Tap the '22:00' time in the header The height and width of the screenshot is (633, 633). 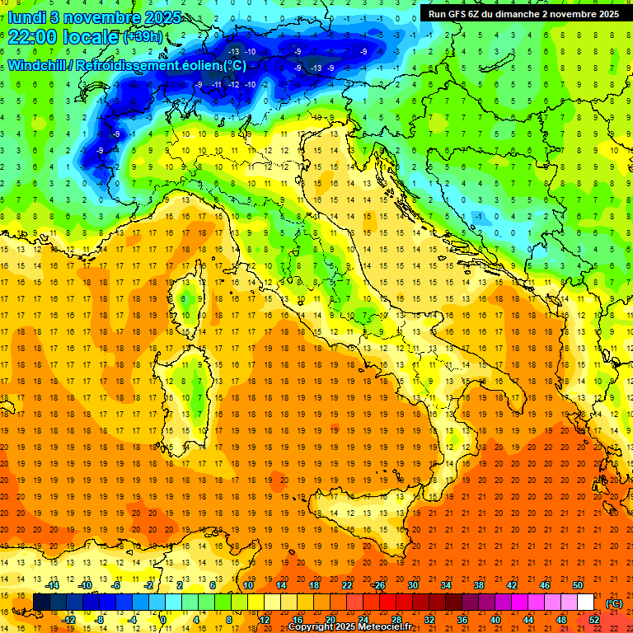coord(32,37)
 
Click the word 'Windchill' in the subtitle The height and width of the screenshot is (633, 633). coord(38,65)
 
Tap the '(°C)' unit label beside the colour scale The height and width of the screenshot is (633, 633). coord(614,603)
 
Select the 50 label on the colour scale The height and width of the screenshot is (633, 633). coord(577,585)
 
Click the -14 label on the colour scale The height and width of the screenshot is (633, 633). coord(53,585)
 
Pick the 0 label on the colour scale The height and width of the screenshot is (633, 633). coord(163,619)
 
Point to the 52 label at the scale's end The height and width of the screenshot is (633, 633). coord(593,619)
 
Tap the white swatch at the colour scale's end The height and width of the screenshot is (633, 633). coord(585,603)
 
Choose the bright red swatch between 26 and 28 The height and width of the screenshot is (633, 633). coord(387,603)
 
